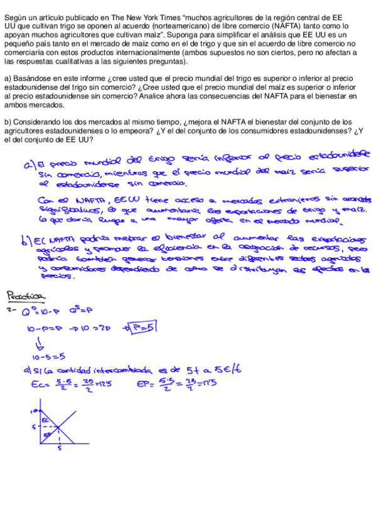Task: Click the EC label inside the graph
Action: coord(45,420)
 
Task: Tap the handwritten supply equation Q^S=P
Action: coord(83,309)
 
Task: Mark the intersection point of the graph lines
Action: coord(59,428)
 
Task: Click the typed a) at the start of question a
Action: coord(8,78)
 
